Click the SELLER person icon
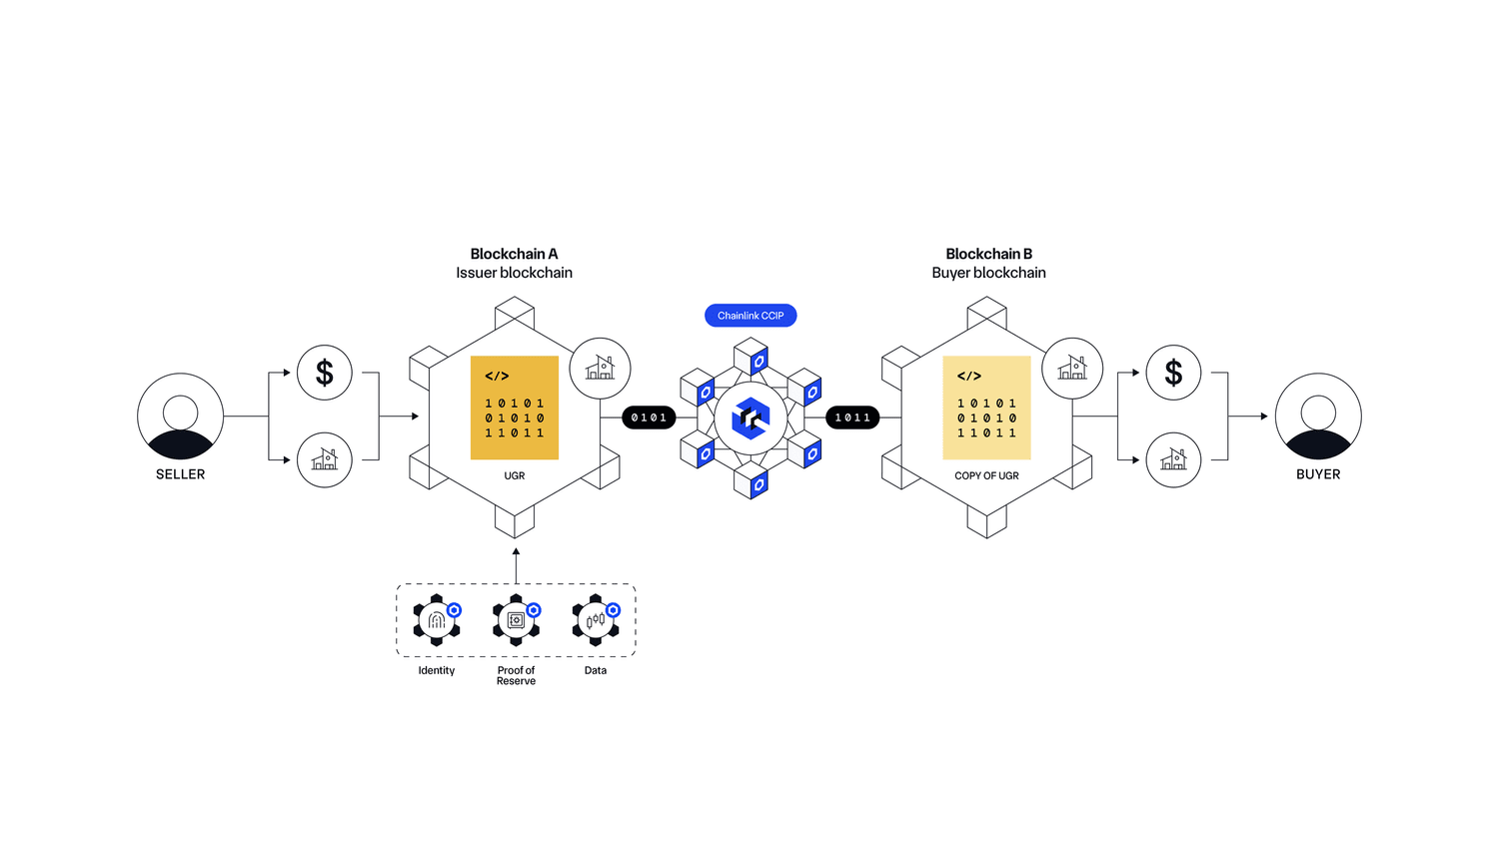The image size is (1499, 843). point(180,417)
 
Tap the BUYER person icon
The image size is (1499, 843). point(1318,417)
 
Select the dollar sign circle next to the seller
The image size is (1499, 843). point(325,373)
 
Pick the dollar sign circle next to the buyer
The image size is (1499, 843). point(1173,373)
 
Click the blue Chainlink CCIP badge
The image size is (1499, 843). point(750,316)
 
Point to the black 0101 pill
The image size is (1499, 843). point(649,418)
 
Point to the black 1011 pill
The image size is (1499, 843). point(852,418)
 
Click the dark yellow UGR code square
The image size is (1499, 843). point(515,408)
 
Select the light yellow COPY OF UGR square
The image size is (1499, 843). point(986,408)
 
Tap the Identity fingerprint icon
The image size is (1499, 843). point(437,620)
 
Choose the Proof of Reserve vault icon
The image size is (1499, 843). point(516,620)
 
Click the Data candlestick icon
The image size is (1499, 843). point(596,620)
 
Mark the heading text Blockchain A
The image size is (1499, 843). point(514,254)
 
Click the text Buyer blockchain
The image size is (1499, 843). point(988,273)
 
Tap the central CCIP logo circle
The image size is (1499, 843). point(750,418)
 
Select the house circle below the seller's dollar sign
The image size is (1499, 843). point(325,459)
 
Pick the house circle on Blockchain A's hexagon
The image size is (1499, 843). point(600,369)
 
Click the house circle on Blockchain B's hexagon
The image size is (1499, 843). point(1072,369)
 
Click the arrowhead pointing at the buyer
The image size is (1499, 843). point(1264,417)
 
